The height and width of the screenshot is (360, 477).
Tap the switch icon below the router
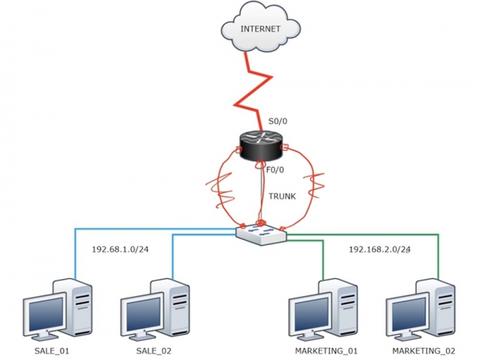[260, 232]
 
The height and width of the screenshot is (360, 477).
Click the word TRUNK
[282, 195]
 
